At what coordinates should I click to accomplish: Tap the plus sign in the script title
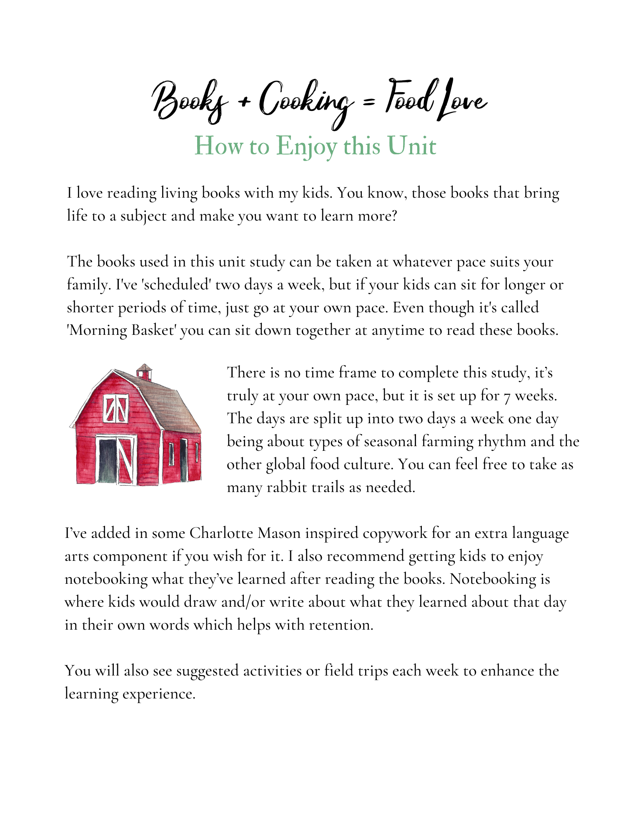pos(244,101)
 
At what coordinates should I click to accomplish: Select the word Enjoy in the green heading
pos(306,147)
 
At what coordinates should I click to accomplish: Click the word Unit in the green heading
pos(411,146)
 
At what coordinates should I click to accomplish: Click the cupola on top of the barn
pos(144,372)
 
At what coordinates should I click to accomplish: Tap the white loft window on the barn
pos(115,408)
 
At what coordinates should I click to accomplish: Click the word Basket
pos(154,330)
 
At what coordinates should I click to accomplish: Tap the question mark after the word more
pos(394,216)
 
